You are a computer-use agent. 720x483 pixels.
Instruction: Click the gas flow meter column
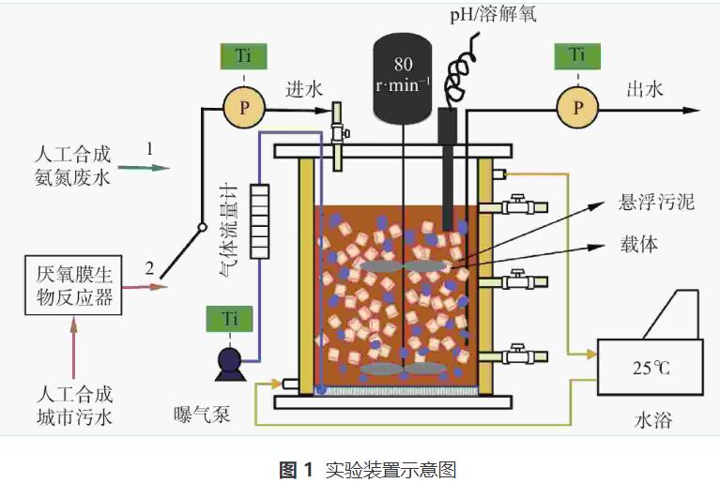[260, 220]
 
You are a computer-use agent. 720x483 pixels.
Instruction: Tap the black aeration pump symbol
[229, 362]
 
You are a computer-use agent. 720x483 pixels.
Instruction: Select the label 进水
[304, 89]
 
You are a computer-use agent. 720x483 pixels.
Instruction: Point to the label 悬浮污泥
[657, 202]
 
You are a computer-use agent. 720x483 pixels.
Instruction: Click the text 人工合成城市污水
[72, 405]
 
